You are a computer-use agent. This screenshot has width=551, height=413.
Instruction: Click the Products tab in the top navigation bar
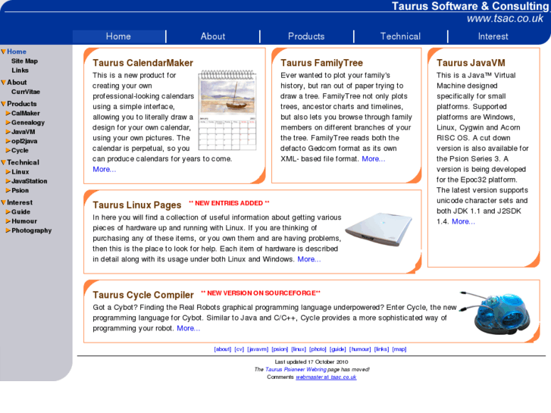[x=306, y=36]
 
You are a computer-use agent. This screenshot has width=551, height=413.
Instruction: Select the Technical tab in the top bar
[x=400, y=36]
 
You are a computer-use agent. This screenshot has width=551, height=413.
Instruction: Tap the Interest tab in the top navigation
[x=493, y=36]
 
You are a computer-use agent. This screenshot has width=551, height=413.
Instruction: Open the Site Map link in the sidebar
[x=24, y=61]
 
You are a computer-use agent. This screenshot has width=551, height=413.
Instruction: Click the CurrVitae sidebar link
[x=26, y=92]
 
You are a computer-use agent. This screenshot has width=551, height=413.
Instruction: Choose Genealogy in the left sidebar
[x=28, y=123]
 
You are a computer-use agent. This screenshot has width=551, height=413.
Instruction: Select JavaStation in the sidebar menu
[x=29, y=181]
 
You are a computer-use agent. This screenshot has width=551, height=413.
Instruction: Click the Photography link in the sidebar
[x=32, y=230]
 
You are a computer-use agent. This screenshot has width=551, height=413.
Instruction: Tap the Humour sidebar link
[x=24, y=221]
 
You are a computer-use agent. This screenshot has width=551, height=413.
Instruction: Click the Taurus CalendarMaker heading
[x=142, y=63]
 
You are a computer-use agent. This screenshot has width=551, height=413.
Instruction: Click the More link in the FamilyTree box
[x=374, y=159]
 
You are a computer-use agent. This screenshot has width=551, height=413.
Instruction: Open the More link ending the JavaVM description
[x=463, y=222]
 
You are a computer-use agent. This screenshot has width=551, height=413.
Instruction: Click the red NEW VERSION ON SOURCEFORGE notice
[x=260, y=293]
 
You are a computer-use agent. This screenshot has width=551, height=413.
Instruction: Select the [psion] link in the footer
[x=280, y=349]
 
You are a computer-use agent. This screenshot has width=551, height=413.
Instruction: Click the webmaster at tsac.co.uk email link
[x=326, y=377]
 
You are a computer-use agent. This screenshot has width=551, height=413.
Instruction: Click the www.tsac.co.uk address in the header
[x=504, y=19]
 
